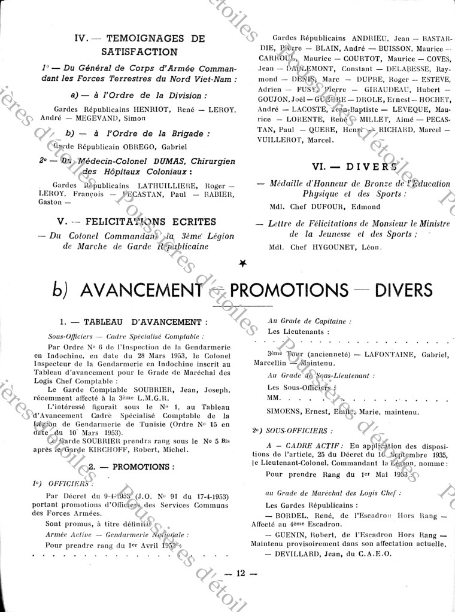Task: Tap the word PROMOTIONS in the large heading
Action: point(289,290)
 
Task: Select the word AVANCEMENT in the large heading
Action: point(140,290)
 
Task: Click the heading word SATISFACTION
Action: point(139,52)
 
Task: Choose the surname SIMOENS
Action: point(287,412)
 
